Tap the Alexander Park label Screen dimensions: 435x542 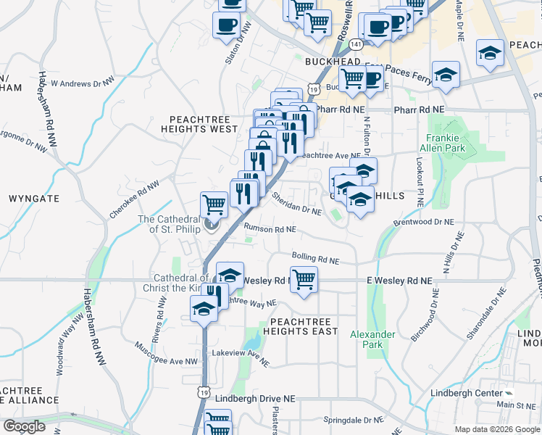tap(372, 339)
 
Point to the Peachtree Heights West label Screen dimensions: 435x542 tap(204, 123)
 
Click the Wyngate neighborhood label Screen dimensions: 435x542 tap(33, 198)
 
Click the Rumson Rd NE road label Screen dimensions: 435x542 tap(270, 229)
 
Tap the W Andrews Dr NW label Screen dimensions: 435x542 tap(83, 83)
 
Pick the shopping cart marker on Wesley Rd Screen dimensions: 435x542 tap(304, 278)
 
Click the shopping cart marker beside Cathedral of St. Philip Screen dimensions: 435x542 tap(214, 204)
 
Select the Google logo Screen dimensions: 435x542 tap(24, 426)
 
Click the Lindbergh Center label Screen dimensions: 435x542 tap(476, 393)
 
